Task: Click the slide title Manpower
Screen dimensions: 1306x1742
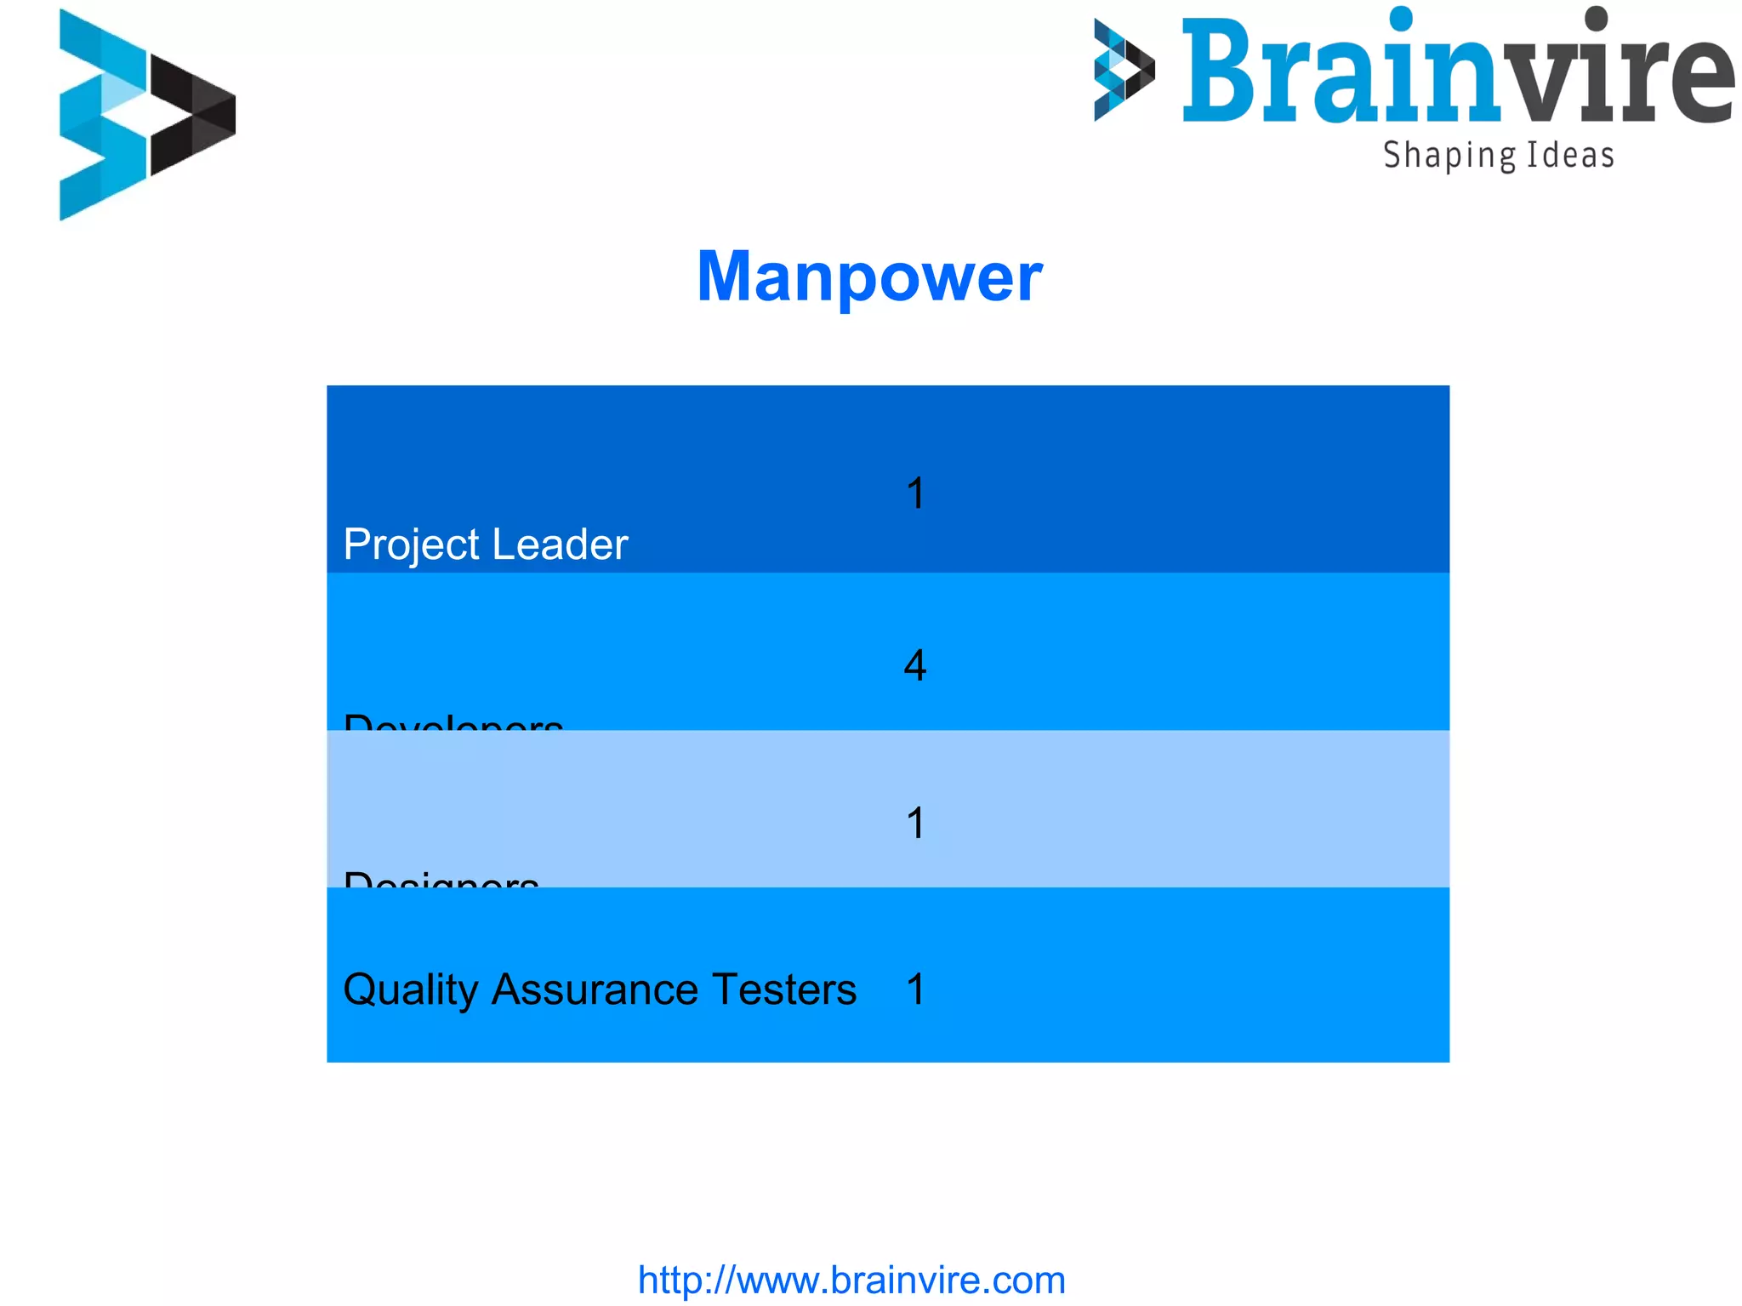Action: point(869,277)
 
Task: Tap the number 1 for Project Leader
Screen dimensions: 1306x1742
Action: point(915,493)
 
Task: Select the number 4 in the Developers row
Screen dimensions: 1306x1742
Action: point(915,665)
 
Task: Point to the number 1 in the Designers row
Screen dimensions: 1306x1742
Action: point(915,823)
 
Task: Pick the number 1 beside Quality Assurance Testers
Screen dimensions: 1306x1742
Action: point(915,989)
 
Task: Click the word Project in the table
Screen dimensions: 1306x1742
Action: point(411,545)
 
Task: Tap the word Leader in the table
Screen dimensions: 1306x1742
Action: point(560,545)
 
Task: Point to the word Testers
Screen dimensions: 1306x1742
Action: point(783,989)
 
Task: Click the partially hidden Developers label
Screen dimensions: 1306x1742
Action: point(453,722)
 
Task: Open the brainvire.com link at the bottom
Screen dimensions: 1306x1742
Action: point(851,1280)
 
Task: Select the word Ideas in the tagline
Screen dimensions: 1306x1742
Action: point(1570,156)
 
